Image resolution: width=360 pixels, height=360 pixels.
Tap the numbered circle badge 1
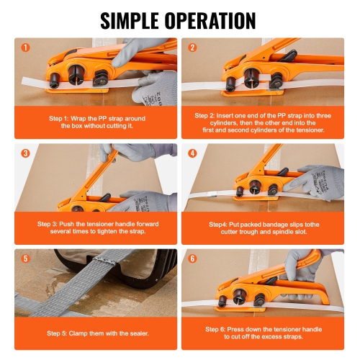pos(25,48)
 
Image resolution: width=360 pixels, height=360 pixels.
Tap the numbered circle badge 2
pos(192,48)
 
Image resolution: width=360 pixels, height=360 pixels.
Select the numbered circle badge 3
pos(25,153)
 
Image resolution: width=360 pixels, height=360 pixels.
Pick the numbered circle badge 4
pos(192,153)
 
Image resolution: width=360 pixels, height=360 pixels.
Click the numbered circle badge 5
pos(25,258)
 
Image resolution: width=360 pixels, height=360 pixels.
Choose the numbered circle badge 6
pos(192,258)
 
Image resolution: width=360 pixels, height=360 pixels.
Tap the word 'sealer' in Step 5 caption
pos(131,333)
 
